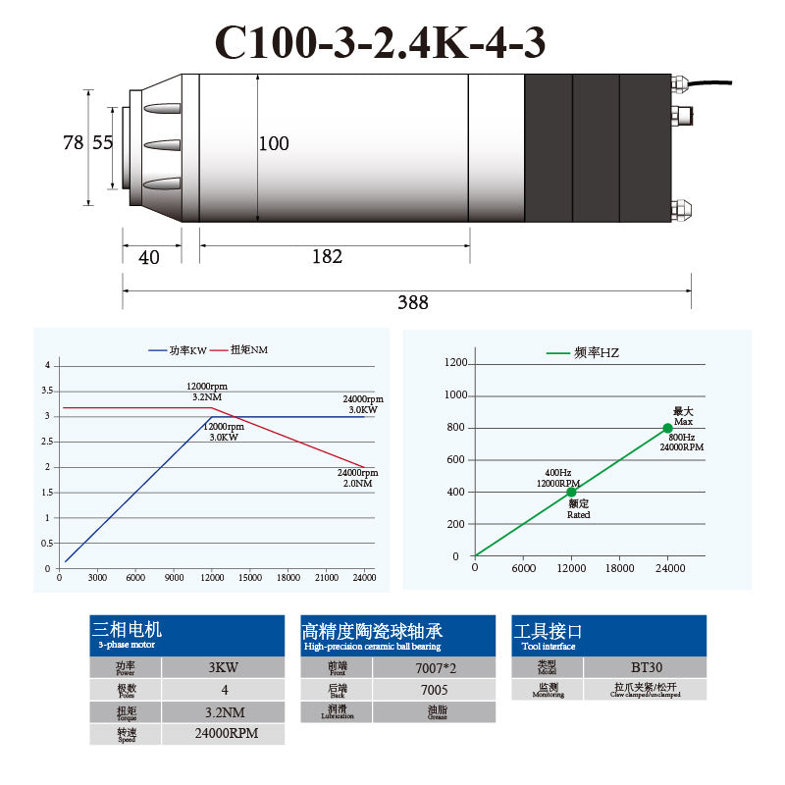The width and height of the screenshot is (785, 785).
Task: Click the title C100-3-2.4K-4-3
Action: point(380,42)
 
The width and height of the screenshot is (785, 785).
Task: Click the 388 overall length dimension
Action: point(413,303)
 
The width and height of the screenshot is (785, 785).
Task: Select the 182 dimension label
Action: point(327,257)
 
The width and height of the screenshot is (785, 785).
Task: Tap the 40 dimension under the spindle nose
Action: point(149,258)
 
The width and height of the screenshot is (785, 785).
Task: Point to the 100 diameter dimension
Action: point(274,144)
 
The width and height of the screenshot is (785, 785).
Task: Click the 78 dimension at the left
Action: point(73,143)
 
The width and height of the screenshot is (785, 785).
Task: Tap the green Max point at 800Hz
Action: point(667,428)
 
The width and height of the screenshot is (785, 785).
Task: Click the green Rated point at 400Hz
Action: point(571,492)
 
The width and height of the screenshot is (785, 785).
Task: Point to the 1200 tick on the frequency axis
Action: point(456,363)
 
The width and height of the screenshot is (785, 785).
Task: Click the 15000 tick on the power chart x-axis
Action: point(250,578)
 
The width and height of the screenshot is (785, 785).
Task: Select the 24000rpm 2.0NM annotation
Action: point(358,478)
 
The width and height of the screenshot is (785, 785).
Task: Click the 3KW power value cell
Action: point(223,668)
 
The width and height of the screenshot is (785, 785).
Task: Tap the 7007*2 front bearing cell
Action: point(434,668)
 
